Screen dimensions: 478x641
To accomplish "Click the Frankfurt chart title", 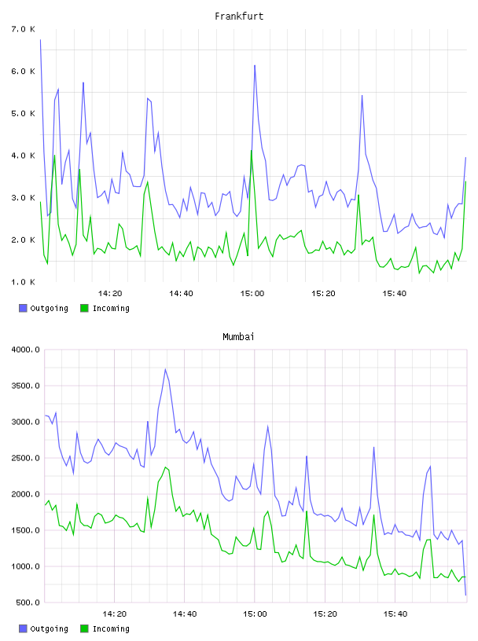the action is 239,16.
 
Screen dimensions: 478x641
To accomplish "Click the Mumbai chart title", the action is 238,337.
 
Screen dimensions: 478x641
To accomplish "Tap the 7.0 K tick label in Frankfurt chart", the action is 24,29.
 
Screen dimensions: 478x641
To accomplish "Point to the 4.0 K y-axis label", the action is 24,156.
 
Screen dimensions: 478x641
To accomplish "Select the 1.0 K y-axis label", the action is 24,282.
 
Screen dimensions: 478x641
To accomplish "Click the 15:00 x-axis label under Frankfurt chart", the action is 252,293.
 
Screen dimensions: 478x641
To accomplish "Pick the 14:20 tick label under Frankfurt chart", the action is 110,293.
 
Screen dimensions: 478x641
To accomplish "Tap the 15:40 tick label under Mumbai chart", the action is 395,614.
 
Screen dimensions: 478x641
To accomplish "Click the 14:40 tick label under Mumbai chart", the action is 185,614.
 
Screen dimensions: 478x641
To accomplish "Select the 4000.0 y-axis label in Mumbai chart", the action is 25,350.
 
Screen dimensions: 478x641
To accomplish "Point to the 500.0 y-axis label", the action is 28,603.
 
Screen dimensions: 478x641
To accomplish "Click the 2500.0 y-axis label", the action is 25,458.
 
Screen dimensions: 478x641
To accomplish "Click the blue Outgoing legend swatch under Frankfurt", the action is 23,308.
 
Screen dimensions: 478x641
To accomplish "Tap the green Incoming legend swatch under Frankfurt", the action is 84,308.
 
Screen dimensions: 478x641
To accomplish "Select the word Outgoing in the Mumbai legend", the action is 49,628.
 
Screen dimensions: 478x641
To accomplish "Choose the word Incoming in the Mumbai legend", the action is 111,628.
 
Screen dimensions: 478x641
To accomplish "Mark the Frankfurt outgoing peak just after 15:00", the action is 255,65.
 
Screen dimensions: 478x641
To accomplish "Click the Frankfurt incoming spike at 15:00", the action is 252,151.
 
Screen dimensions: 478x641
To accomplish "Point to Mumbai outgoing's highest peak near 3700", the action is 165,369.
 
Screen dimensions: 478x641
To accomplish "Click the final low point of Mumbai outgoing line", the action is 465,595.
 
